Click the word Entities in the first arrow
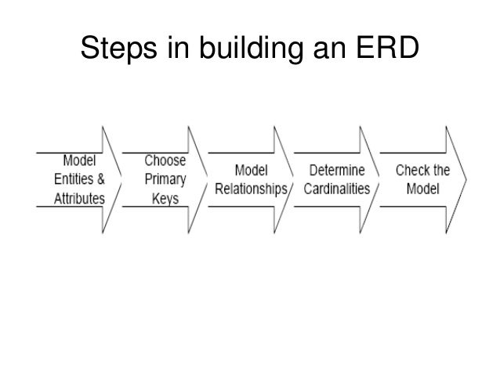click(71, 180)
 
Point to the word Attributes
click(78, 199)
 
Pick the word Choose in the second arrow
click(165, 160)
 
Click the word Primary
click(165, 179)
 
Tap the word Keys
click(165, 199)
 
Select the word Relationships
click(252, 189)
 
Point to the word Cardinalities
click(336, 189)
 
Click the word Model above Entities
click(79, 160)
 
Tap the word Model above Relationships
click(252, 170)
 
